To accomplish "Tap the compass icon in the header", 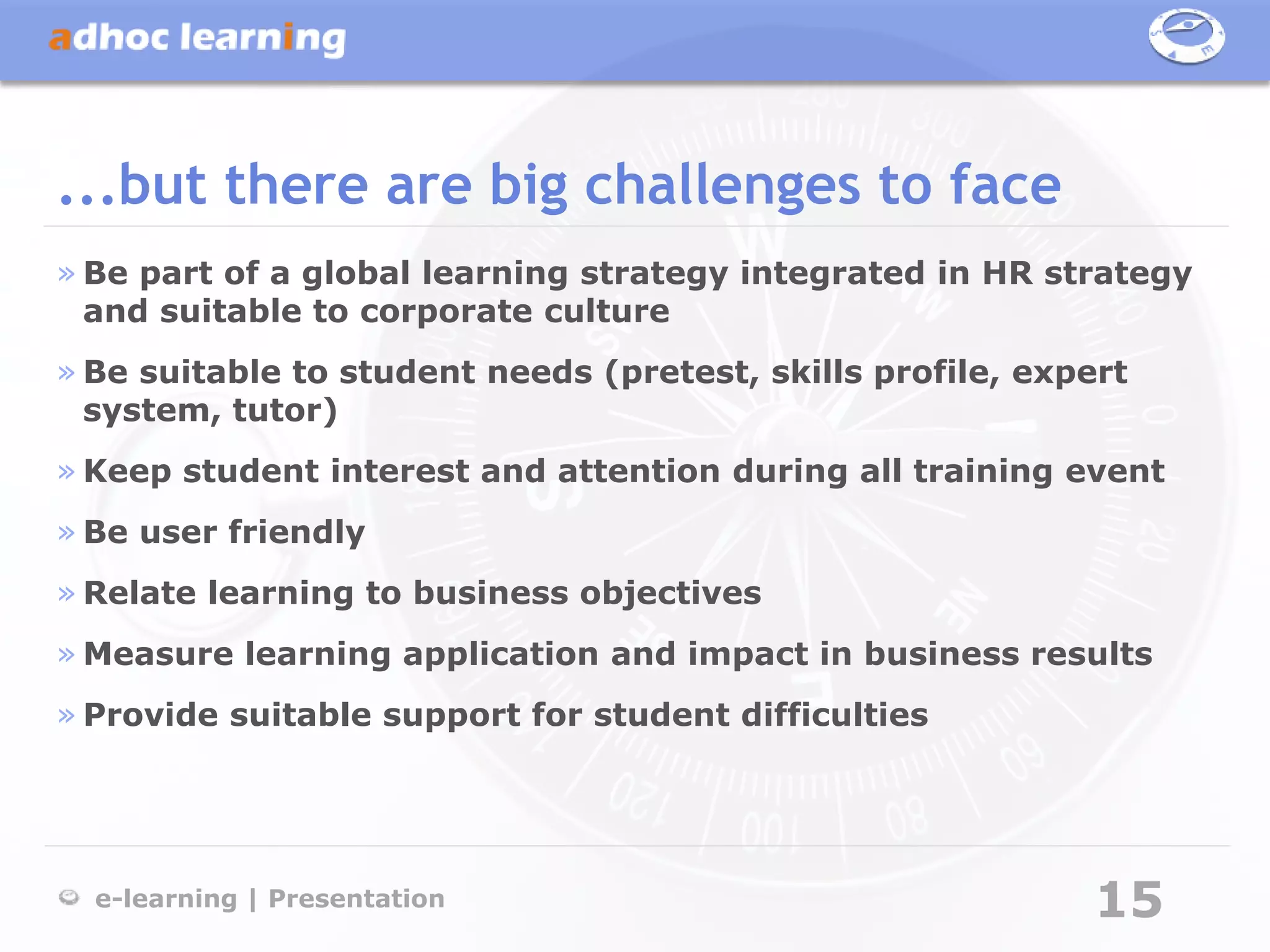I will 1186,36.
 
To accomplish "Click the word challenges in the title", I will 722,185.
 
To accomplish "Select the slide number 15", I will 1130,899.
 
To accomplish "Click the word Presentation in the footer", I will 357,899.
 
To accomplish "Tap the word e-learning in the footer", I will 166,899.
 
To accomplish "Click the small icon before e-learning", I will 69,897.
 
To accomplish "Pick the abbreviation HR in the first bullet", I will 1007,273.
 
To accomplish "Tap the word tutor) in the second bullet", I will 285,410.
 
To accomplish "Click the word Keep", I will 127,472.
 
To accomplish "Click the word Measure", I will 158,654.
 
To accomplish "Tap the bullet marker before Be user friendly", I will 66,532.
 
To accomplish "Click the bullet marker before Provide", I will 66,716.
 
